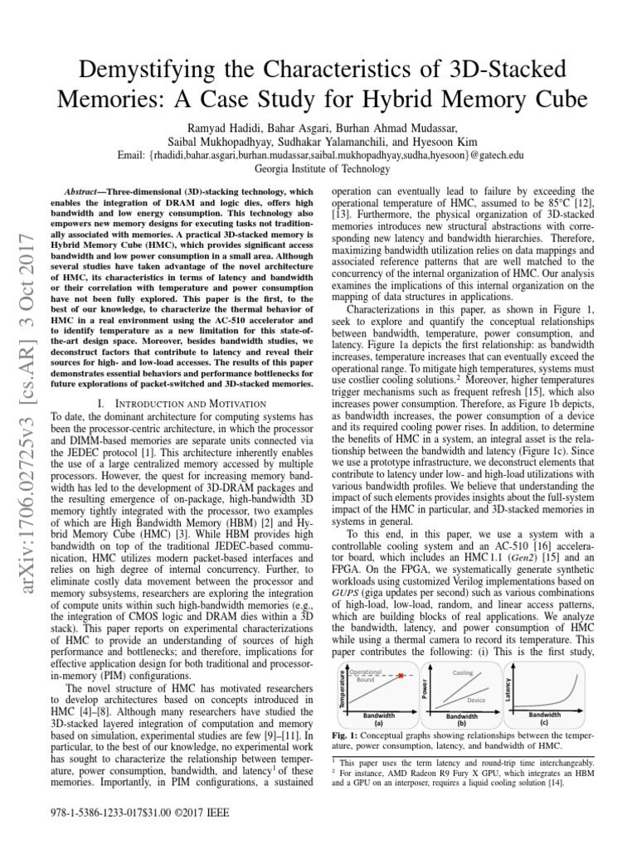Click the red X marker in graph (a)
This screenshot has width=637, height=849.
point(401,677)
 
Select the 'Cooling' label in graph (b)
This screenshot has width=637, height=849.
point(462,672)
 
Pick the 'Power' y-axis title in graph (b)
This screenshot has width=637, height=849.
point(425,689)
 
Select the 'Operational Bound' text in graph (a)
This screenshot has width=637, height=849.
point(366,675)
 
